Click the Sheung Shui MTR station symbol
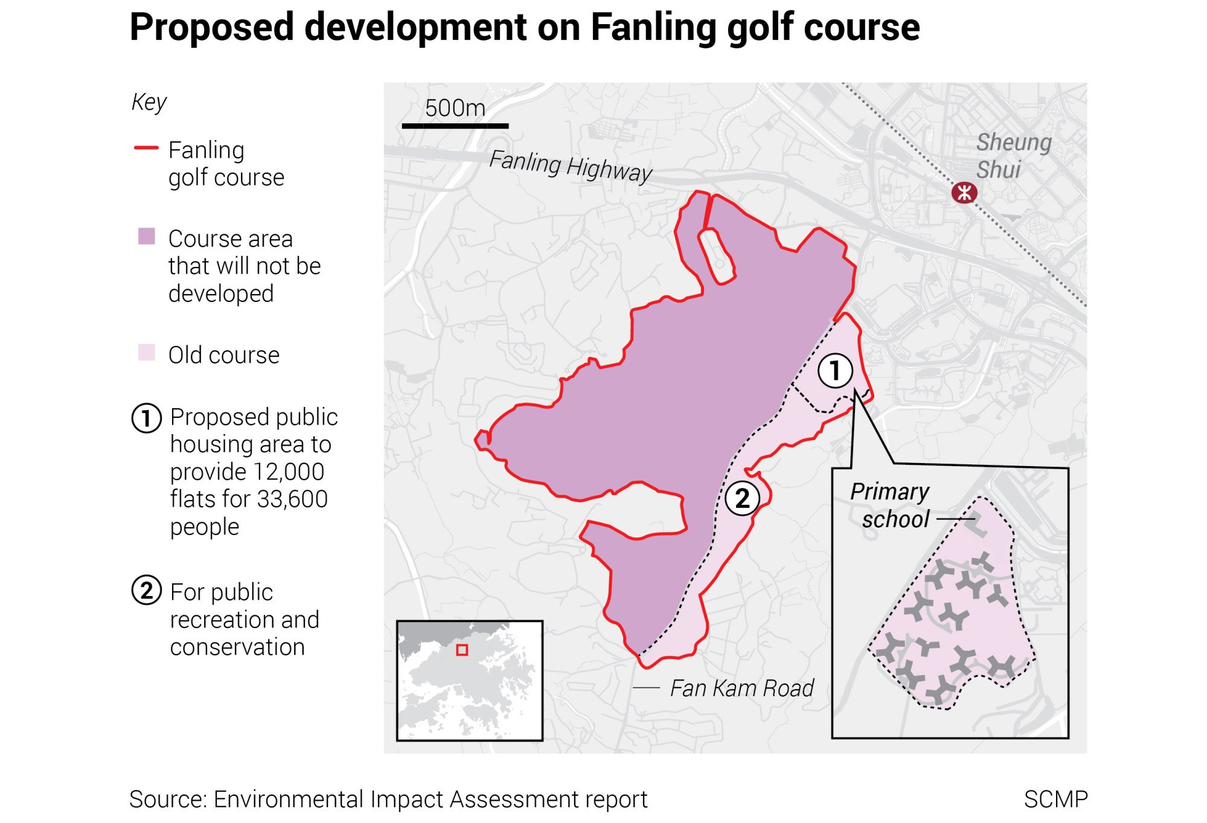pyautogui.click(x=964, y=193)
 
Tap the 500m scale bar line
pyautogui.click(x=455, y=126)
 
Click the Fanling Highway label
pyautogui.click(x=570, y=165)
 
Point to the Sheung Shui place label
pyautogui.click(x=1013, y=156)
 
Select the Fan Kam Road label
pyautogui.click(x=741, y=688)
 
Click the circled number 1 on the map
pyautogui.click(x=835, y=370)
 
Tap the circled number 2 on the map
pyautogui.click(x=741, y=498)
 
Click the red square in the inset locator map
pyautogui.click(x=462, y=650)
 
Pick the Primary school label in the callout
pyautogui.click(x=890, y=505)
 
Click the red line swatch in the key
pyautogui.click(x=146, y=147)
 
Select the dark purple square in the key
pyautogui.click(x=147, y=236)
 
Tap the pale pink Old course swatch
pyautogui.click(x=147, y=353)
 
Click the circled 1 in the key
pyautogui.click(x=146, y=418)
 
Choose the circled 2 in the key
pyautogui.click(x=146, y=591)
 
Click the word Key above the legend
pyautogui.click(x=149, y=102)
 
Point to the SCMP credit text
pyautogui.click(x=1055, y=799)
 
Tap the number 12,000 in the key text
pyautogui.click(x=289, y=472)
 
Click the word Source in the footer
pyautogui.click(x=167, y=799)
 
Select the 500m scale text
pyautogui.click(x=455, y=108)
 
